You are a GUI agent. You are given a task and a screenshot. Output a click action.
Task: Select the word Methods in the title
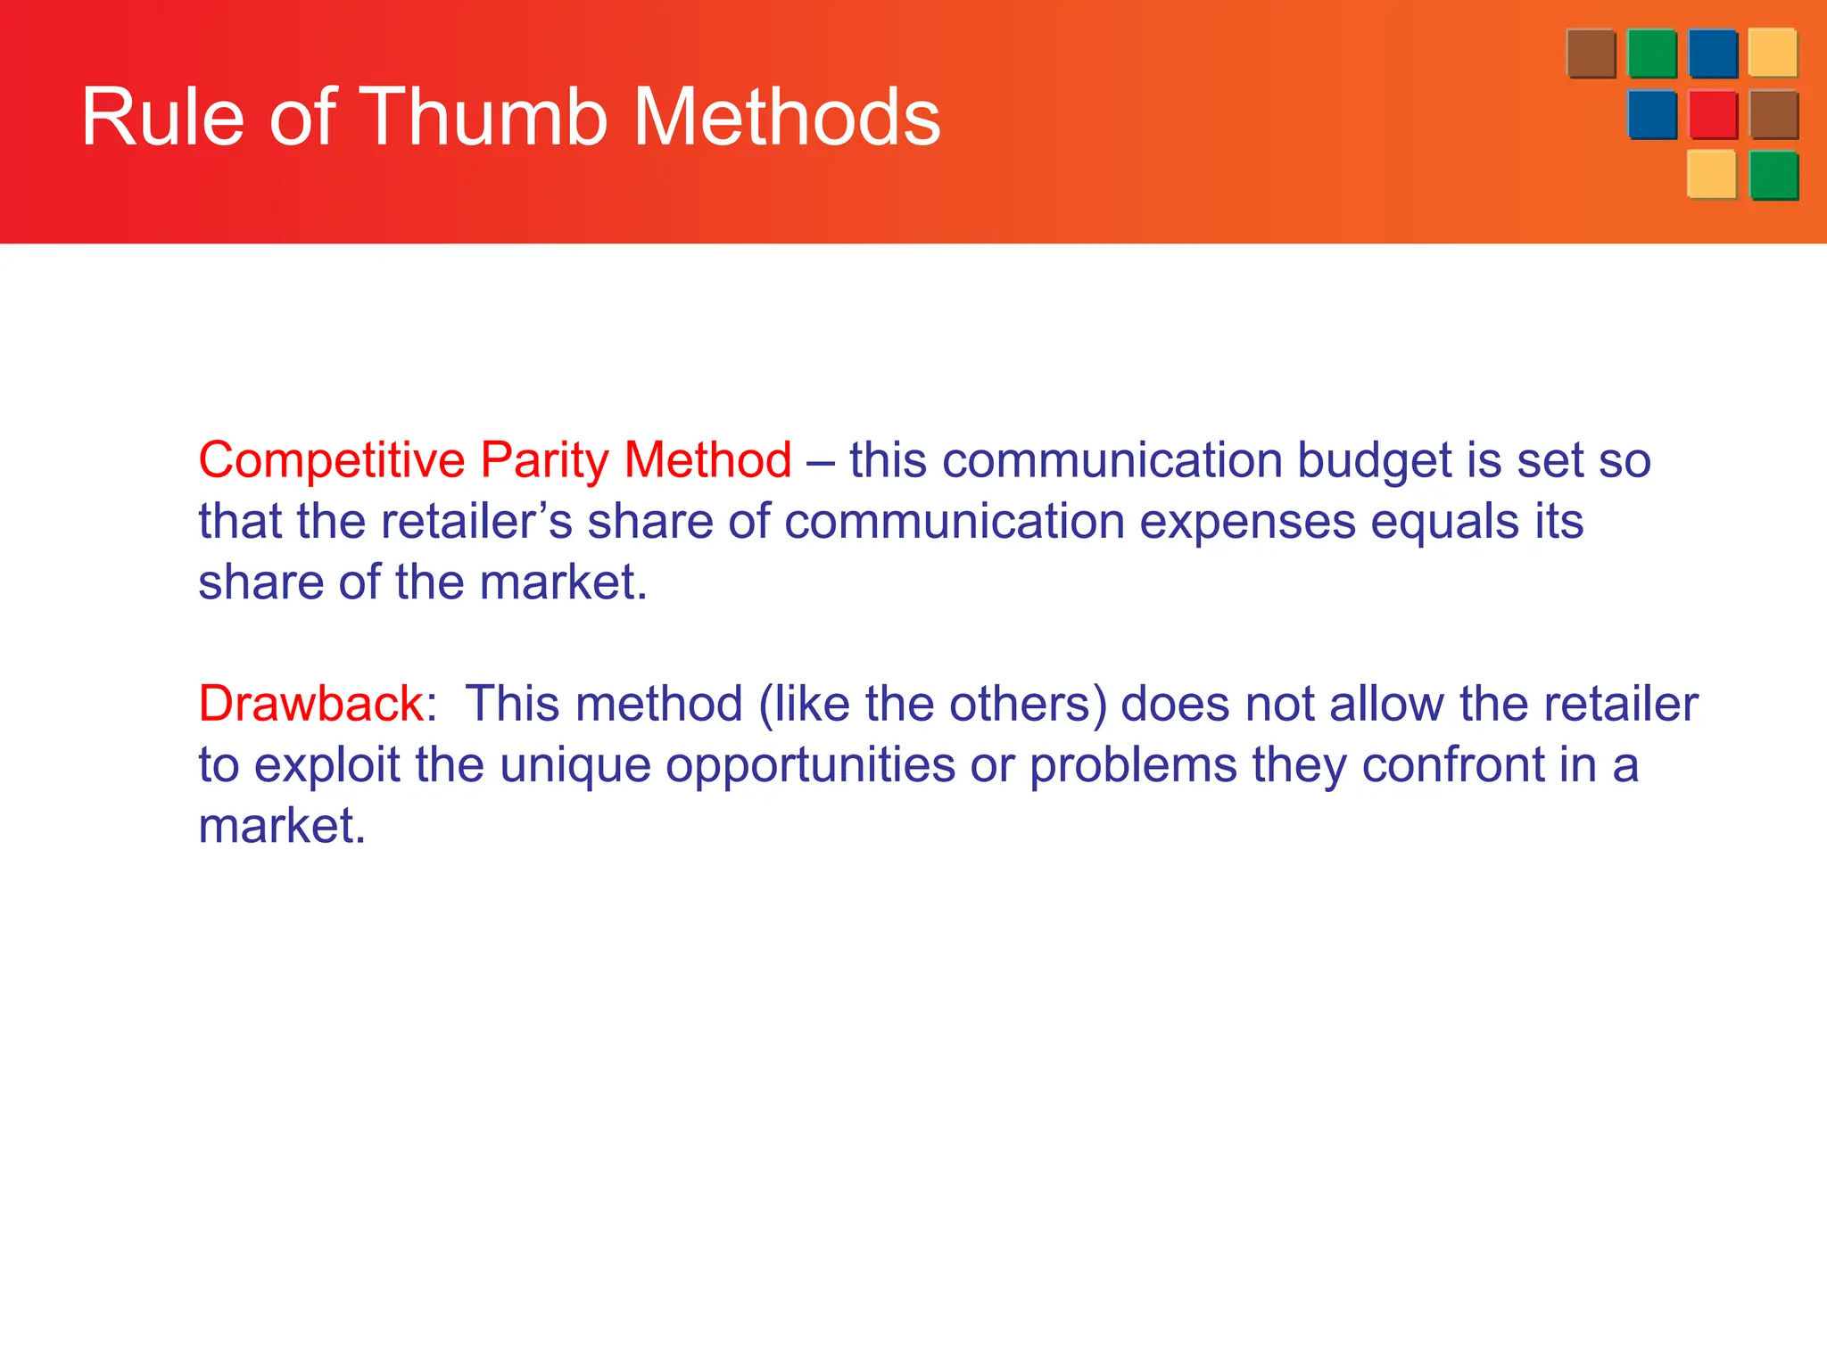pos(786,117)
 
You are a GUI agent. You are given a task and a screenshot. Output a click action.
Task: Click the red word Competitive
pos(331,461)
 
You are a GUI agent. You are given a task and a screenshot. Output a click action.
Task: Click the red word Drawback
pos(310,704)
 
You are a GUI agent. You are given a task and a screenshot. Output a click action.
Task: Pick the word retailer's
pos(476,522)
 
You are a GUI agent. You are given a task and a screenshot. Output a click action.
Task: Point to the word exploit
pos(327,766)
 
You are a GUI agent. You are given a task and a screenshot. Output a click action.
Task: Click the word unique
pos(575,766)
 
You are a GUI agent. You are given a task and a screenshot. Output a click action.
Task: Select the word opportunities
pos(810,766)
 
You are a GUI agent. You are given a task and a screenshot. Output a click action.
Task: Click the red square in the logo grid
pos(1713,114)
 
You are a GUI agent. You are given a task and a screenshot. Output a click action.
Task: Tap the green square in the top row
pos(1651,54)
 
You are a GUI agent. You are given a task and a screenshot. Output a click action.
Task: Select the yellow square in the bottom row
pos(1711,174)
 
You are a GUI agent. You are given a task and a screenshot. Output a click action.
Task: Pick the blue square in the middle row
pos(1651,114)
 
